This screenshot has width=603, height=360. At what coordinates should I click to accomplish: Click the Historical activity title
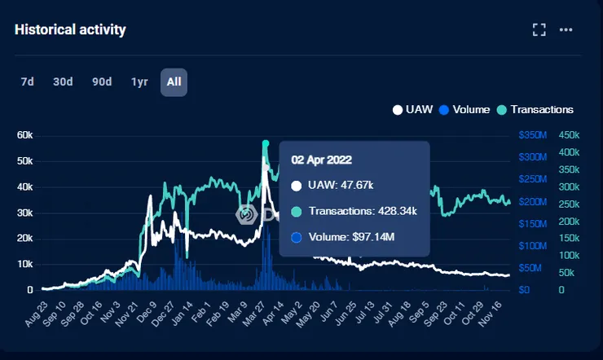pos(70,30)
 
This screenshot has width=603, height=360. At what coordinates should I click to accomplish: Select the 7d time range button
pos(28,81)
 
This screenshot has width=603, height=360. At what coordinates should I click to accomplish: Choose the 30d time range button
pos(63,81)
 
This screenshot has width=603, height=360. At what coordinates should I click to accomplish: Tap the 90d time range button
pos(102,81)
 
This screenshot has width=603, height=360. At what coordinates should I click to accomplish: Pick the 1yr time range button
pos(139,81)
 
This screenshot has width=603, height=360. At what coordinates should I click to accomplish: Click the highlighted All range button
pos(174,81)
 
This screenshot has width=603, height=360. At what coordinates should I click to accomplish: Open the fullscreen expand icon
pos(539,30)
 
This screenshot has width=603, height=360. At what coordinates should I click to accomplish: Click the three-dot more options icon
pos(566,30)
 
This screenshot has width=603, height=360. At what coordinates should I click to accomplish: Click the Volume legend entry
pos(464,109)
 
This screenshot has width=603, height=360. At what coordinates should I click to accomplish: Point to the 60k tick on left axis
pos(24,134)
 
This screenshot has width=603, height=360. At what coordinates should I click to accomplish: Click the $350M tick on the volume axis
pos(534,134)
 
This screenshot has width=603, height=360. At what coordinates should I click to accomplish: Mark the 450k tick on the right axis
pos(569,134)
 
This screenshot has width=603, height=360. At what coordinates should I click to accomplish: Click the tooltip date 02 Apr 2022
pos(322,159)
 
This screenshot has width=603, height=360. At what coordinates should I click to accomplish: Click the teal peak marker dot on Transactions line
pos(266,144)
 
